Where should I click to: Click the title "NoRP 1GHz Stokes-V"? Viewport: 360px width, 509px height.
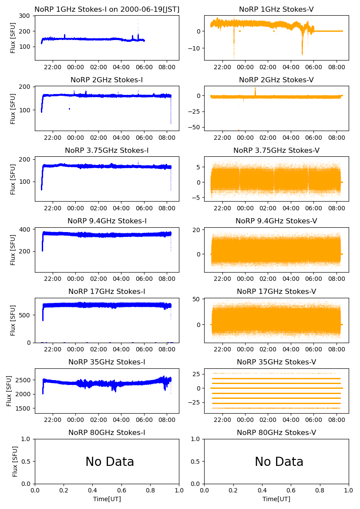(276, 10)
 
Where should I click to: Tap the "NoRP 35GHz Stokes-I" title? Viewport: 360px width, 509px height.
(107, 362)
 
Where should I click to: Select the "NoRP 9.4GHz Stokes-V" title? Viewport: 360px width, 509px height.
(276, 221)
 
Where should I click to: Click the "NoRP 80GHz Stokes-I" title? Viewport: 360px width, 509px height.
(107, 433)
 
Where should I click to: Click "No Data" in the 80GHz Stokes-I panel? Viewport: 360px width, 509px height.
(110, 462)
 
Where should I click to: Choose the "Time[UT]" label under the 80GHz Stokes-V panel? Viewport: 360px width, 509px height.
(276, 499)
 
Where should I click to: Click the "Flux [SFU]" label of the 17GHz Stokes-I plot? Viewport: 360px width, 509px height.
(13, 320)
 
